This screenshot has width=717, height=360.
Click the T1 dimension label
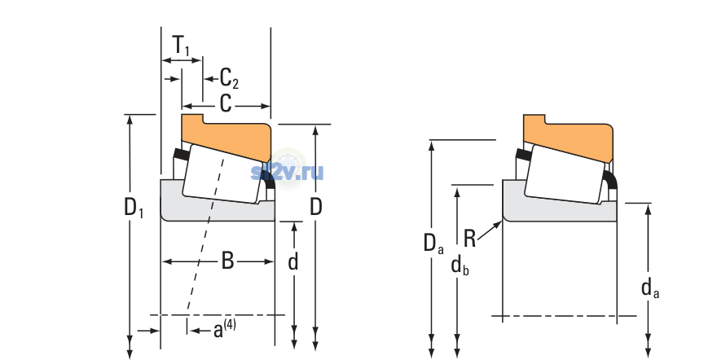tap(181, 46)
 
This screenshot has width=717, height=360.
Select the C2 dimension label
tap(229, 78)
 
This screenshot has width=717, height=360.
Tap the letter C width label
tap(226, 103)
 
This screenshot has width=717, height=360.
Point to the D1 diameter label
tap(134, 208)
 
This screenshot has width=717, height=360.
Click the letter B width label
tap(227, 261)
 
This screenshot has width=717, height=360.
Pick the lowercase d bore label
tap(293, 261)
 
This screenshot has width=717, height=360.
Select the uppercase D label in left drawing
tap(316, 207)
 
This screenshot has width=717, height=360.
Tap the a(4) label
tap(225, 329)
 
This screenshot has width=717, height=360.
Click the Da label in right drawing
tap(433, 243)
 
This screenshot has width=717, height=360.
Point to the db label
tap(460, 265)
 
